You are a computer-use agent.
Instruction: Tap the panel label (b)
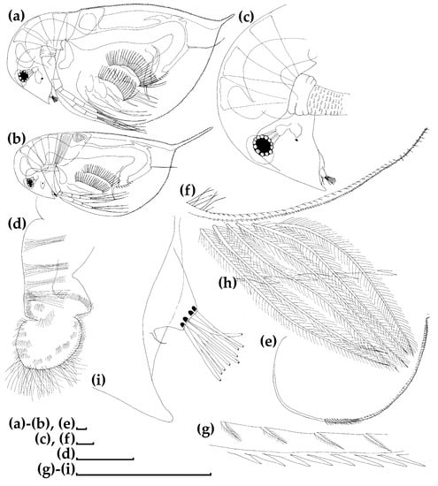click(17, 139)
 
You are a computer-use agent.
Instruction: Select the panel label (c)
click(247, 18)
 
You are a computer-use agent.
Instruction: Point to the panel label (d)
click(18, 224)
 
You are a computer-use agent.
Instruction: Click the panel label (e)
click(268, 340)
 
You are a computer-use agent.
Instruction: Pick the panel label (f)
click(188, 190)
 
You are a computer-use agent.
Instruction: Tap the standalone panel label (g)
click(205, 430)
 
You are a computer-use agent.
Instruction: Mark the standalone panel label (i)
click(99, 380)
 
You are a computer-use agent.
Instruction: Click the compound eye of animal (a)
click(23, 76)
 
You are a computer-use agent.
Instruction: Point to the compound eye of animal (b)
click(30, 183)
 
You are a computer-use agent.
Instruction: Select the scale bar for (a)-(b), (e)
click(81, 429)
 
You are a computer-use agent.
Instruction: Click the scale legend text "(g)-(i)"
click(56, 470)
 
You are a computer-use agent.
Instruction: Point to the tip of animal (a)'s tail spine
click(234, 14)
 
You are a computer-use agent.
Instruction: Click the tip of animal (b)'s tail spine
click(212, 127)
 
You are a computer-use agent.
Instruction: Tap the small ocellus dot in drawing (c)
click(296, 140)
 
